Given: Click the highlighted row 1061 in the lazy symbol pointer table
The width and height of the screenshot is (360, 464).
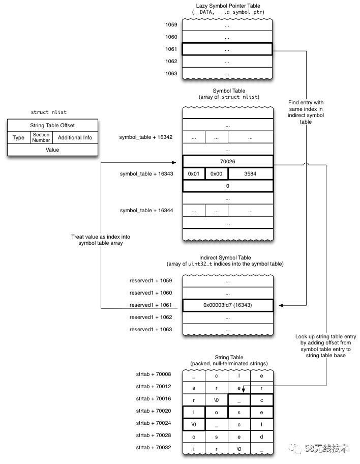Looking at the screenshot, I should coord(227,49).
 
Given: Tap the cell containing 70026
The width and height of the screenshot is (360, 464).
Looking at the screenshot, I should coord(227,161).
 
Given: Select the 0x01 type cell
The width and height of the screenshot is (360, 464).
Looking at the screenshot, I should coord(194,173).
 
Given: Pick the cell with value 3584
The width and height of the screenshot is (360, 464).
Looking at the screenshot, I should coord(250,173).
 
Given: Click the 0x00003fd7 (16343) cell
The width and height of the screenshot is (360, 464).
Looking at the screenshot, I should coord(227,305).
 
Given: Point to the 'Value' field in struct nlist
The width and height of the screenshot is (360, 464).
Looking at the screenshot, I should coord(52,150).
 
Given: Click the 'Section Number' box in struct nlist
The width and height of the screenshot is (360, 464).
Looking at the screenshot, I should coord(41,137).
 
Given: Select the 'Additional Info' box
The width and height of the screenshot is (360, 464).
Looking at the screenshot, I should coord(75,137).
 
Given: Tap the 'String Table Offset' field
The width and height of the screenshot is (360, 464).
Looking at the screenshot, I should coord(52,125).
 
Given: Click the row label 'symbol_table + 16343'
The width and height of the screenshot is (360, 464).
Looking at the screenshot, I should coord(146,173).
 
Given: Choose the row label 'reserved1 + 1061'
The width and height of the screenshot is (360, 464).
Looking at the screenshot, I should coord(151,305).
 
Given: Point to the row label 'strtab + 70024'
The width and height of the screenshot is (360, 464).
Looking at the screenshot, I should coord(154,423).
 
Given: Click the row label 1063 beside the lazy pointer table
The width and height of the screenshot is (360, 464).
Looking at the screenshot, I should coord(171,73).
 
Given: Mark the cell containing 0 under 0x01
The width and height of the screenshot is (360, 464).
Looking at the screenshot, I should coord(227,186).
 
